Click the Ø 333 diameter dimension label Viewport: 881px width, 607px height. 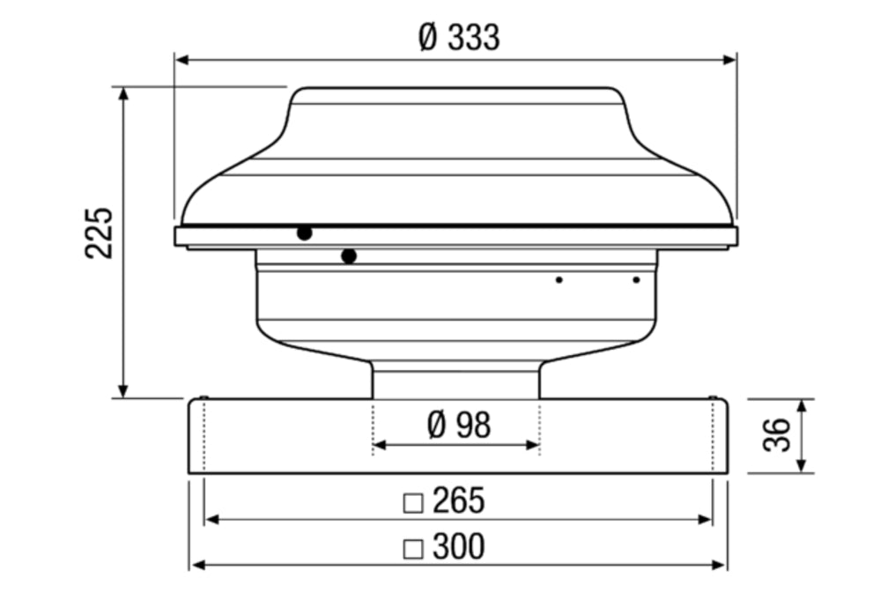(x=459, y=38)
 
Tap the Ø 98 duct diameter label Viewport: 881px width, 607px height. (x=458, y=425)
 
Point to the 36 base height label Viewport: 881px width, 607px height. (x=775, y=435)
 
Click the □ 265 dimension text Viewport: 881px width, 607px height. (x=445, y=501)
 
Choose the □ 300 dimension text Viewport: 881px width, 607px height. (x=445, y=547)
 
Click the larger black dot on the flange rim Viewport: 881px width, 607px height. (x=304, y=233)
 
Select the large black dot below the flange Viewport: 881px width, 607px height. (x=349, y=256)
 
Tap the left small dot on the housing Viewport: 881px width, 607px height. (x=559, y=280)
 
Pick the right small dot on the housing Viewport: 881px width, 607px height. (x=636, y=280)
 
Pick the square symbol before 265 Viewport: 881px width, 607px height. (x=412, y=503)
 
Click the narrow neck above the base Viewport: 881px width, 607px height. (x=455, y=381)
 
